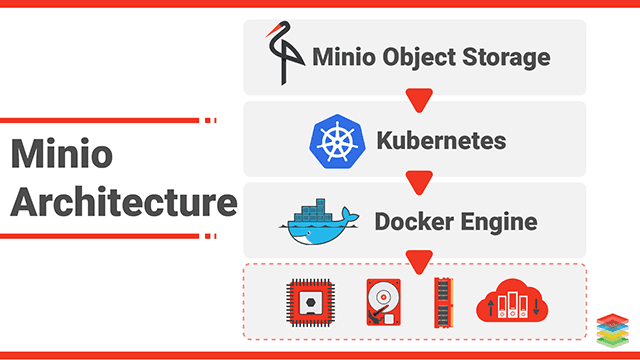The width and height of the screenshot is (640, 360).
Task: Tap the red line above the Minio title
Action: click(x=99, y=120)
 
